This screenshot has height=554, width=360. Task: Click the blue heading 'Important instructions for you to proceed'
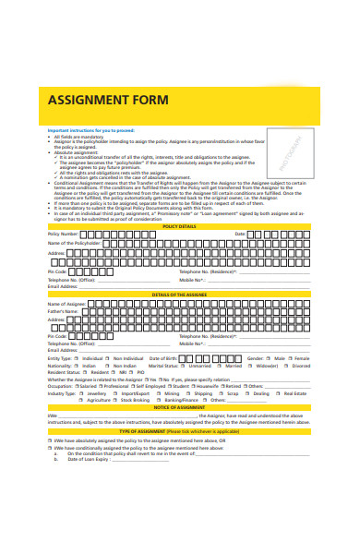coord(90,130)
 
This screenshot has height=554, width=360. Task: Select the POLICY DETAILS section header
coord(179,226)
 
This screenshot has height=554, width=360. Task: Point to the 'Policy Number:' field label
coord(64,235)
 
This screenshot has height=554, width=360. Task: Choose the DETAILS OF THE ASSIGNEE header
coord(179,294)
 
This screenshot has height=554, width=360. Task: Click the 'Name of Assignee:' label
coord(66,303)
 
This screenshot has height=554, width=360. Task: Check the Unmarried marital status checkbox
coord(184,365)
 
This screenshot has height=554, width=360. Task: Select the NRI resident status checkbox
coord(109,372)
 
